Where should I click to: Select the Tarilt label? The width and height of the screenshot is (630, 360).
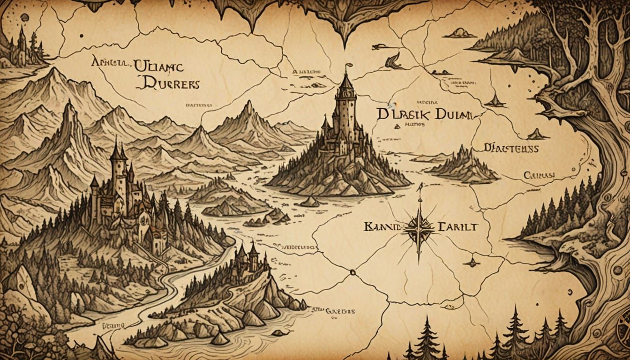click(457, 227)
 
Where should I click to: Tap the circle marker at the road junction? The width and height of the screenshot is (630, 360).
click(352, 272)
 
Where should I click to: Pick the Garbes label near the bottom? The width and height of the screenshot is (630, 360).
click(340, 310)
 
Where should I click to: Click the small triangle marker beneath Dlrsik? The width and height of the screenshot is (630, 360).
click(397, 126)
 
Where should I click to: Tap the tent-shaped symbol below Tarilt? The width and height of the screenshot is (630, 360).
click(472, 262)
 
